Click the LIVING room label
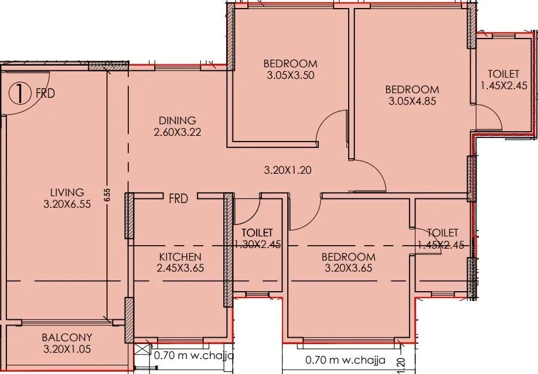(67, 192)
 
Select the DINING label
(177, 120)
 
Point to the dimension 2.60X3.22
(177, 132)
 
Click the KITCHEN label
(180, 257)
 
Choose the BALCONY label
(67, 337)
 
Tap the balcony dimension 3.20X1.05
(67, 349)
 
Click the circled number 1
(20, 93)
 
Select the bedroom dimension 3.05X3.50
(290, 74)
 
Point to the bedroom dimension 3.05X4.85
(412, 101)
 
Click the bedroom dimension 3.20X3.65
(348, 268)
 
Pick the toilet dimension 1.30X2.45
(257, 244)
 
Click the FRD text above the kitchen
(178, 199)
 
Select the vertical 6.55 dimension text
(107, 196)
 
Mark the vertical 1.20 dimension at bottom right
(400, 363)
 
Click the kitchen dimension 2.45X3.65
(180, 268)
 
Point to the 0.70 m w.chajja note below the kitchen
(193, 356)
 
